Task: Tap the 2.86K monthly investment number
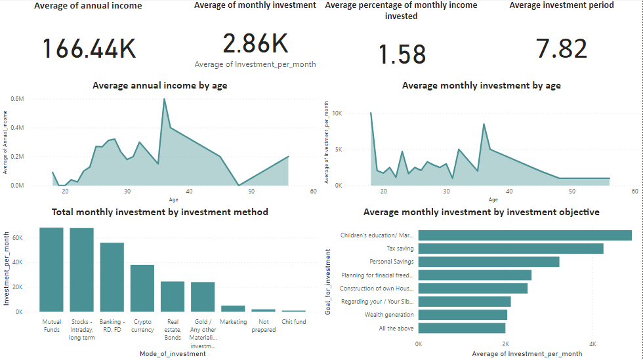(x=255, y=44)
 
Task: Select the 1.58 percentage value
(x=402, y=54)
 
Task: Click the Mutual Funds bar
(x=51, y=270)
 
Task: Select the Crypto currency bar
(x=142, y=288)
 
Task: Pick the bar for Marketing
(x=233, y=308)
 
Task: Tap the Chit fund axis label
(x=293, y=322)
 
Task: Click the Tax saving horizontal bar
(x=510, y=249)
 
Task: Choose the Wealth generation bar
(x=463, y=315)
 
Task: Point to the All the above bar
(x=462, y=328)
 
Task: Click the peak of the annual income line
(x=164, y=99)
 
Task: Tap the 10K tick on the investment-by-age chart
(x=337, y=113)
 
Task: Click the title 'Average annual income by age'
(x=160, y=85)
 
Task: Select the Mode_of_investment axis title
(x=173, y=354)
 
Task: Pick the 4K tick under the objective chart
(x=592, y=344)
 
